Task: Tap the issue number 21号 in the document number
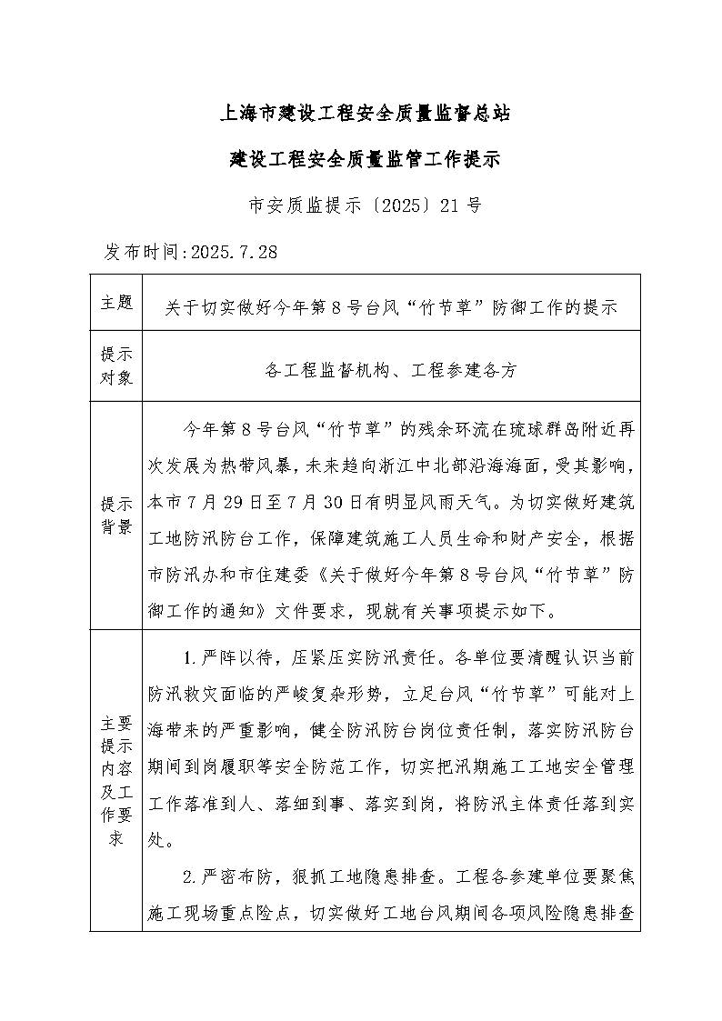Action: pyautogui.click(x=459, y=205)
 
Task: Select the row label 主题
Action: pyautogui.click(x=116, y=302)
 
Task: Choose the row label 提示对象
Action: pyautogui.click(x=116, y=365)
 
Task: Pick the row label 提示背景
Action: pyautogui.click(x=116, y=515)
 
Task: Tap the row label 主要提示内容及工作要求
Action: pyautogui.click(x=116, y=780)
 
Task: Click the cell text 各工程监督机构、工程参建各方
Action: pyautogui.click(x=390, y=370)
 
